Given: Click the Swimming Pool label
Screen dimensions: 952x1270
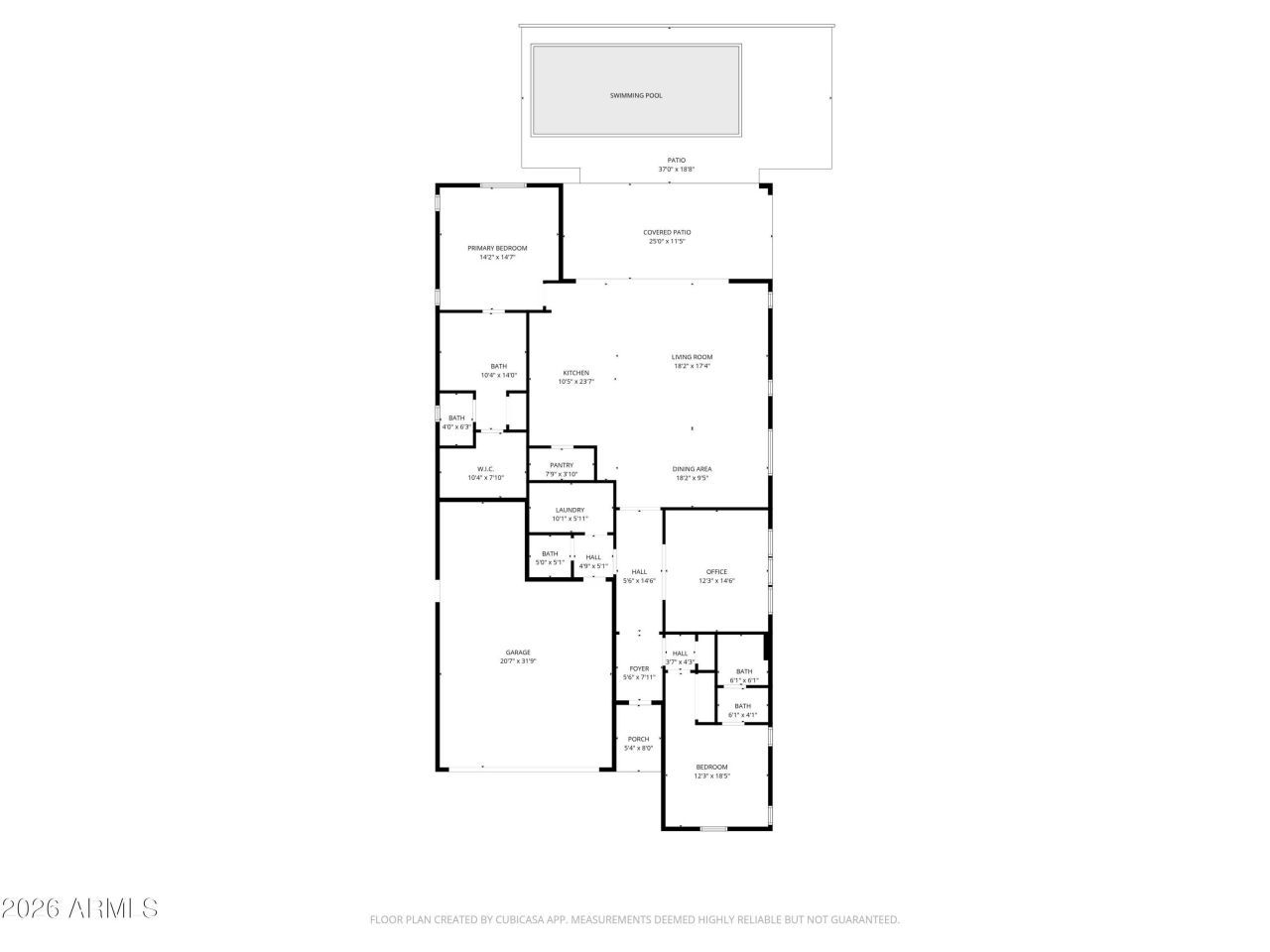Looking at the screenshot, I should click(x=636, y=96).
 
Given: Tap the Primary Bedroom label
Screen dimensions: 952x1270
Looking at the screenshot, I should click(x=497, y=248).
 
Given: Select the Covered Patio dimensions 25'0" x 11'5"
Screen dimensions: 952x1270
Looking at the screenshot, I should click(x=667, y=241).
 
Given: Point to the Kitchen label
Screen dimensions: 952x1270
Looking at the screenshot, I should click(x=575, y=373).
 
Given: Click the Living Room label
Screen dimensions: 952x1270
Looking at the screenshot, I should click(x=692, y=357).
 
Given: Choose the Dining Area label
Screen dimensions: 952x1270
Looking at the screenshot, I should click(x=692, y=469).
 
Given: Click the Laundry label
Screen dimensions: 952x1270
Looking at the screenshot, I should click(x=570, y=510).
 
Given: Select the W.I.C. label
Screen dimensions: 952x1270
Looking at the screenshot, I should click(x=485, y=469).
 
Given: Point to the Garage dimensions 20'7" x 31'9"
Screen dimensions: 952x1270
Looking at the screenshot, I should click(x=518, y=661).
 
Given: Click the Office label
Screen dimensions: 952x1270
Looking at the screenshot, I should click(x=716, y=572).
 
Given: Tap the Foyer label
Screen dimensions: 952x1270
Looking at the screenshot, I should click(x=639, y=668).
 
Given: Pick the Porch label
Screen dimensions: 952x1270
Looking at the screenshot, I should click(x=638, y=739).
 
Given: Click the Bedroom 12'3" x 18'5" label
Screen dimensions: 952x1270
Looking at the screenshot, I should click(x=711, y=767).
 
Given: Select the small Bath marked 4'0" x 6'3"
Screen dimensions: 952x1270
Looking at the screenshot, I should click(x=456, y=422).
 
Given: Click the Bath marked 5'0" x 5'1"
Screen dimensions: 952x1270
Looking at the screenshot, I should click(x=550, y=558).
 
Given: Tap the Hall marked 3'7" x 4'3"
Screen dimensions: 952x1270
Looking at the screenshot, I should click(x=680, y=656).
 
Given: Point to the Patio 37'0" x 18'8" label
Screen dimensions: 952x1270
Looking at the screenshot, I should click(x=676, y=165).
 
